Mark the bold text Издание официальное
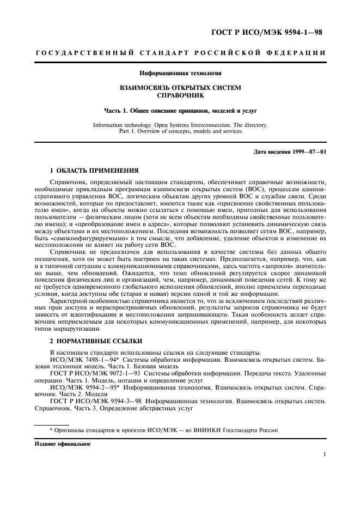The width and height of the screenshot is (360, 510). pyautogui.click(x=56, y=444)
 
